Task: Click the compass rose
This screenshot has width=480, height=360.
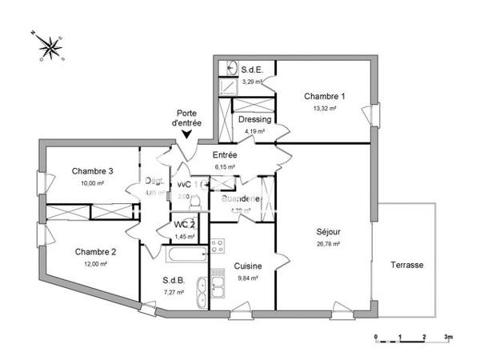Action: [x=50, y=47]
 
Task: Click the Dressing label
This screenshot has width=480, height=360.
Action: [x=254, y=120]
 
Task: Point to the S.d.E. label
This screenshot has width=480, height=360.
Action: [x=254, y=70]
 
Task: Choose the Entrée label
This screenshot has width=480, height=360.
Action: [x=225, y=154]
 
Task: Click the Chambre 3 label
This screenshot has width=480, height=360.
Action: [x=92, y=170]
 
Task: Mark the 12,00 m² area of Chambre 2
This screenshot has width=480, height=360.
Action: [x=96, y=264]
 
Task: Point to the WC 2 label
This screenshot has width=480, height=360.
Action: [x=185, y=225]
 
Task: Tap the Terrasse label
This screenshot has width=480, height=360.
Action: [x=407, y=265]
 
